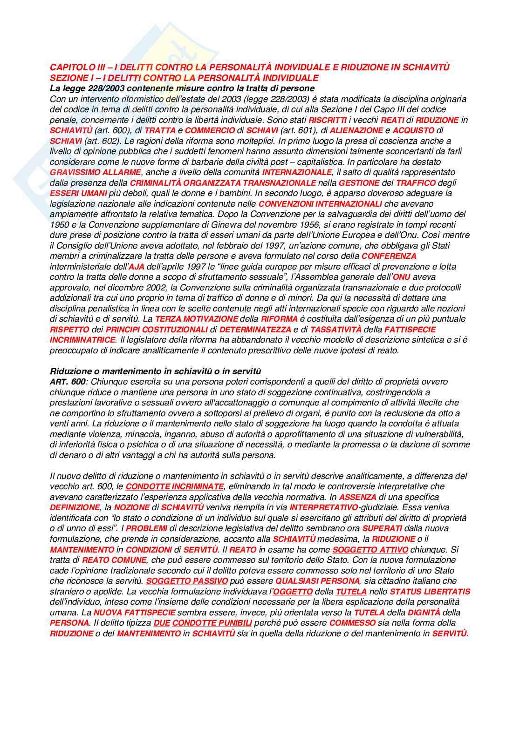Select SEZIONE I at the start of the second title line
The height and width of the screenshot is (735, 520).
click(68, 78)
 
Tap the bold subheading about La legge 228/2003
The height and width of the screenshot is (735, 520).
click(182, 88)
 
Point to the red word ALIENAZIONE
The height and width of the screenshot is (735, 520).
click(350, 130)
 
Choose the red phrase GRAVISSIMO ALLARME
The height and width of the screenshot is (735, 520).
click(95, 173)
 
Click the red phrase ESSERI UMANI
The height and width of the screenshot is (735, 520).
click(78, 193)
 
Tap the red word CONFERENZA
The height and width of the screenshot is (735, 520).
click(389, 256)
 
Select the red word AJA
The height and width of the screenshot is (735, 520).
click(137, 267)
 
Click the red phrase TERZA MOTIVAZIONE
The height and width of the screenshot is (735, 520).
click(196, 319)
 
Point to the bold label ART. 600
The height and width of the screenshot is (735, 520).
click(68, 382)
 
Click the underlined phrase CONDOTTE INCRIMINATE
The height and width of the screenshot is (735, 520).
click(175, 486)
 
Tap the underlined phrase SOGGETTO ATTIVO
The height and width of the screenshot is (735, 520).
click(370, 550)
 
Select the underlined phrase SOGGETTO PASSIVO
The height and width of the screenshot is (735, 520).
click(187, 581)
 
